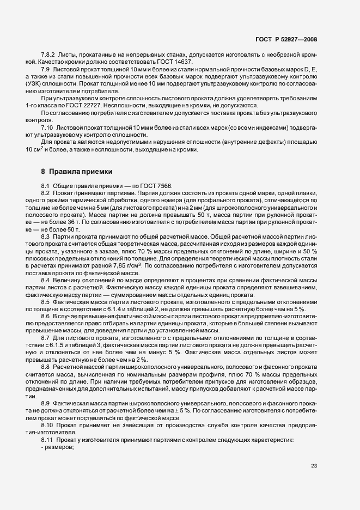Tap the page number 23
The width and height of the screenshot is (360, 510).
(314, 465)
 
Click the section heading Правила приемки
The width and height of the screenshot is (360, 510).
(76, 171)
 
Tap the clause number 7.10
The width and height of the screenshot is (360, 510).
(46, 126)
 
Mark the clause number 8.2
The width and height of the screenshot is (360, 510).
(46, 193)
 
